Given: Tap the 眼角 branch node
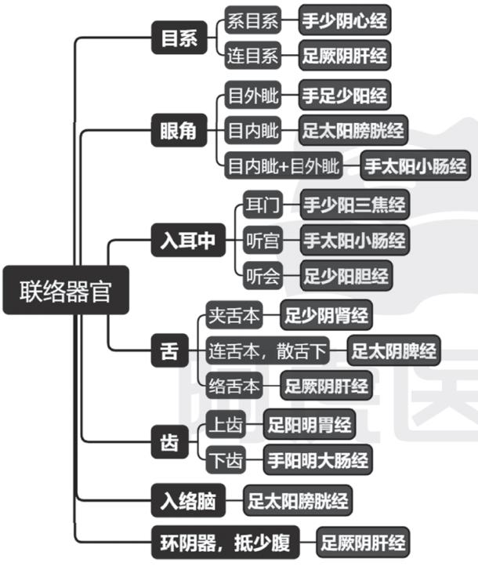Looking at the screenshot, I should tap(179, 131).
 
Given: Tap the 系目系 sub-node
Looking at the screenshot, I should tap(252, 20).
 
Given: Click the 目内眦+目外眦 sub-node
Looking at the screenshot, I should tap(283, 167).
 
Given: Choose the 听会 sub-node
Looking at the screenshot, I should tap(262, 276).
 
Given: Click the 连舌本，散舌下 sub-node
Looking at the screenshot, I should tap(267, 349).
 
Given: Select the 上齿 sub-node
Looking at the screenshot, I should tap(225, 426).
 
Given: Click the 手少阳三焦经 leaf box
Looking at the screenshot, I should tap(355, 205).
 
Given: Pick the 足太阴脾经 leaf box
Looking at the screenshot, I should tap(393, 349).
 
